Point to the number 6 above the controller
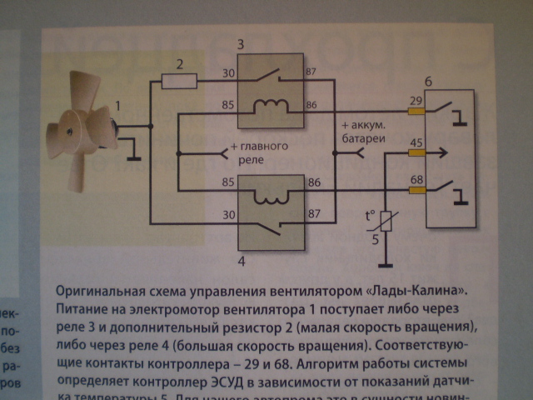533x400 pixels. click(x=428, y=82)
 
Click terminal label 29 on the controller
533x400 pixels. click(x=415, y=100)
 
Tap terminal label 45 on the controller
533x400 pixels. click(x=415, y=142)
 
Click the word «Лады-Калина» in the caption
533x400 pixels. click(x=414, y=292)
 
